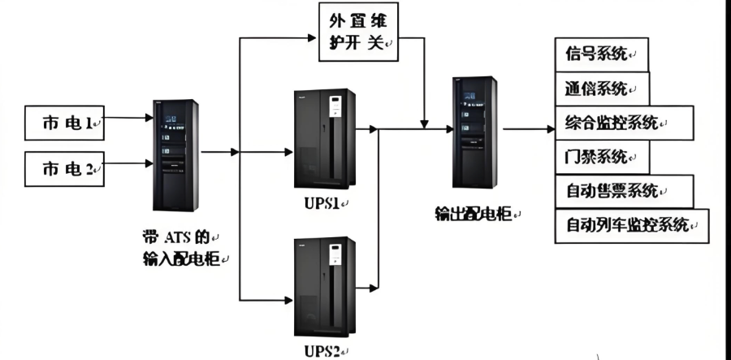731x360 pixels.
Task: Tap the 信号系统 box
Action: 600,54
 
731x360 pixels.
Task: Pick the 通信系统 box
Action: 601,89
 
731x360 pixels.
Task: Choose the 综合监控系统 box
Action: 624,123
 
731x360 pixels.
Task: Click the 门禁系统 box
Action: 601,157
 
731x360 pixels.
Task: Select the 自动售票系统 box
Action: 624,191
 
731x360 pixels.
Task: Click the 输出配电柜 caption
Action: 475,214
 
